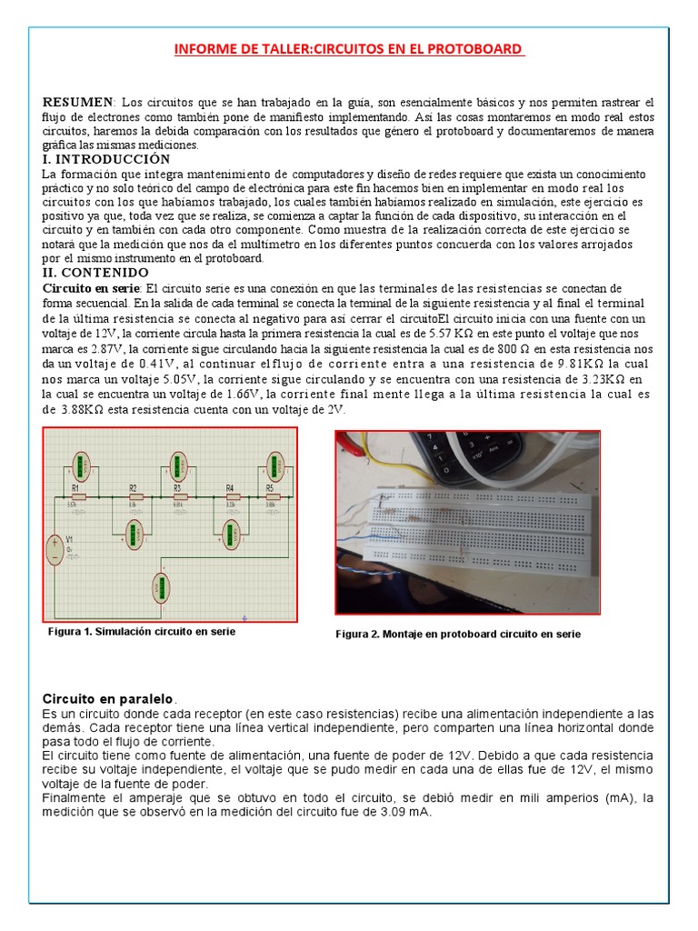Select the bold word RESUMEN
[x=78, y=102]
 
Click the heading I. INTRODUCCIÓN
[x=106, y=159]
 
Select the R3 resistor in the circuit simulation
[x=177, y=496]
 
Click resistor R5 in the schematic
[x=270, y=496]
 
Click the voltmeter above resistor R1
[x=83, y=465]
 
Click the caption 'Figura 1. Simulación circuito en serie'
[x=141, y=631]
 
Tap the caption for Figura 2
[x=457, y=634]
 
